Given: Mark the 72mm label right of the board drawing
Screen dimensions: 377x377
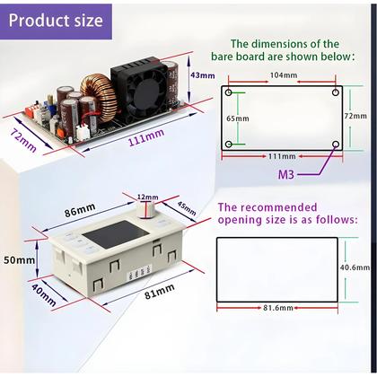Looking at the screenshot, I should (x=355, y=116).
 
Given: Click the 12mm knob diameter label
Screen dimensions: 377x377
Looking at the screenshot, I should (x=145, y=196).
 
